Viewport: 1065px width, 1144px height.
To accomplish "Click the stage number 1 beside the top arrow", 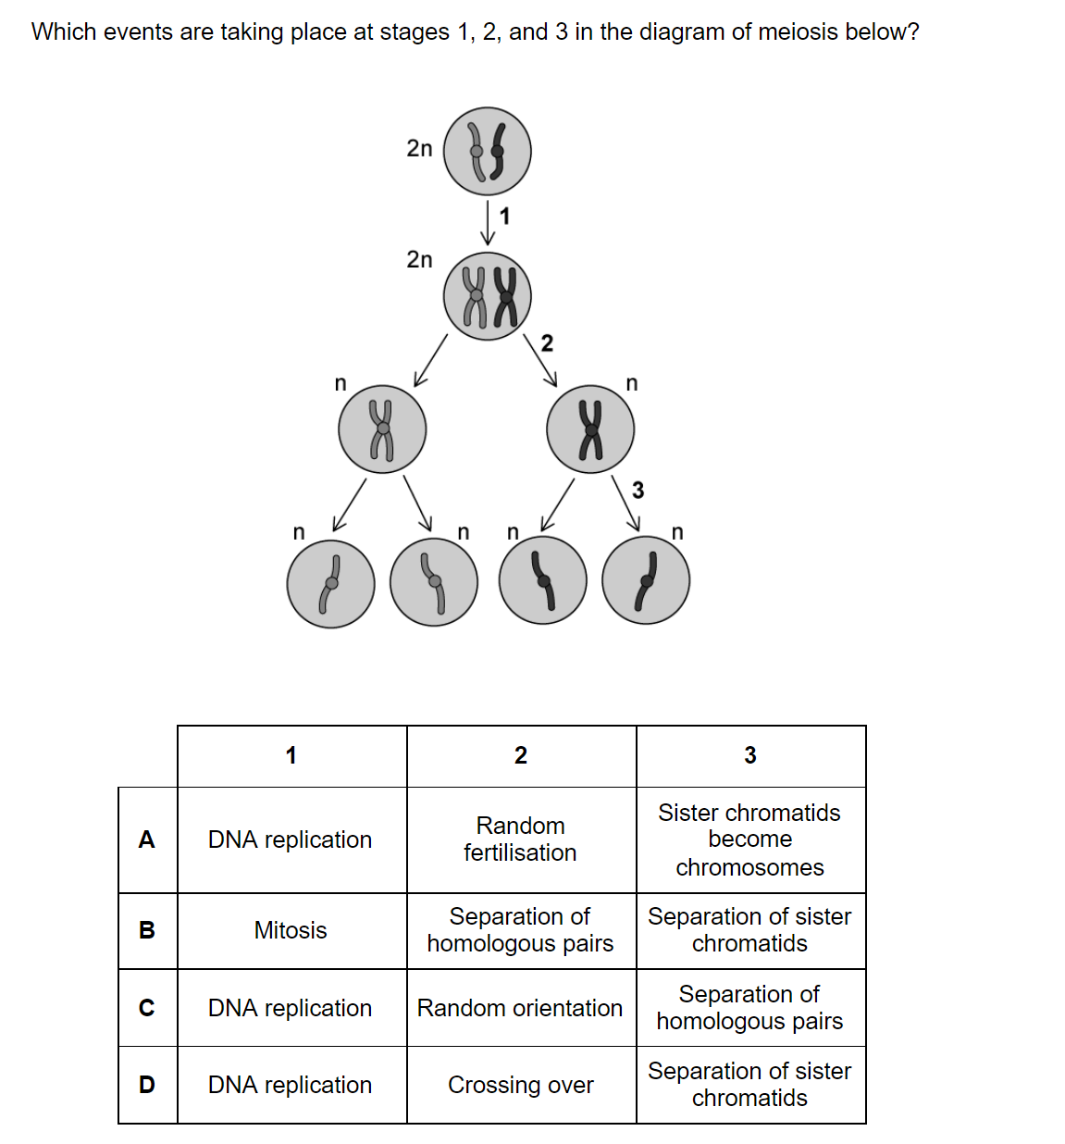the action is [504, 216].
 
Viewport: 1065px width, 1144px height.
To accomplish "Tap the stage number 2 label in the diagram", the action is [547, 343].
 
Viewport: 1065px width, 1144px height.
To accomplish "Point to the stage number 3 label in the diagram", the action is [638, 491].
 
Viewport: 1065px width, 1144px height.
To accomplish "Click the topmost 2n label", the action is [419, 149].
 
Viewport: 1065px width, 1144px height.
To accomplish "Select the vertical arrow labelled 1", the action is [488, 223].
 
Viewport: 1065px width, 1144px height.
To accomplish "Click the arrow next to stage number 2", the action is [540, 361].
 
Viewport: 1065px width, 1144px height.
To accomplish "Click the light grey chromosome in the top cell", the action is [477, 152].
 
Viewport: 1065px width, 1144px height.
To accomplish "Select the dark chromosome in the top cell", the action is [497, 152].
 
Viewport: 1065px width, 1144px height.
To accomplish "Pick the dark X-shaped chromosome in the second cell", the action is [505, 297].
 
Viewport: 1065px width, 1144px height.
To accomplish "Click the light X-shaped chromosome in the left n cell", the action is [382, 429].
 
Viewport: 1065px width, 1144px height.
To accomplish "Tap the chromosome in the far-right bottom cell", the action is [647, 581].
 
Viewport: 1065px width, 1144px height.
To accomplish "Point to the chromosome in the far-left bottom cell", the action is [330, 584].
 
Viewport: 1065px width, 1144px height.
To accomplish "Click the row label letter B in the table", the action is [147, 930].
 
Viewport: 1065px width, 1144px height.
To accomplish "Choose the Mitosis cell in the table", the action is [291, 930].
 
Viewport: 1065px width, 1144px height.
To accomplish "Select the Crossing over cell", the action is [521, 1085].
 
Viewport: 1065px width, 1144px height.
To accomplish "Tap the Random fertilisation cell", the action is [520, 839].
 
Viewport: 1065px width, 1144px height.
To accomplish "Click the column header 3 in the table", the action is [749, 755].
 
